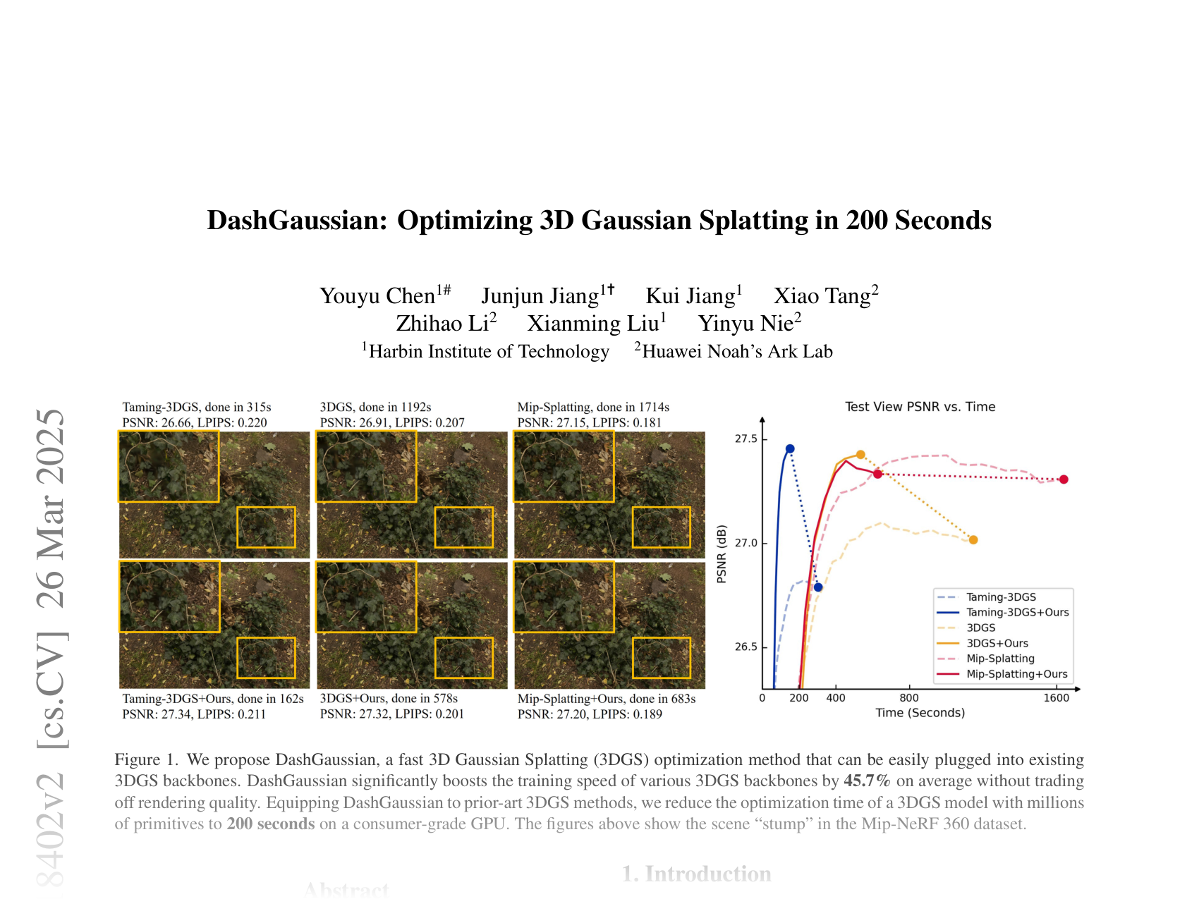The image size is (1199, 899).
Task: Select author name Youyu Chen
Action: (x=377, y=295)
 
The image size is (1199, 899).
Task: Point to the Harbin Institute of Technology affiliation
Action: (x=489, y=351)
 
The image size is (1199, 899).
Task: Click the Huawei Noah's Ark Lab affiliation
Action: (x=737, y=351)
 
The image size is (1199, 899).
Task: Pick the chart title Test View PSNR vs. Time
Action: (x=920, y=407)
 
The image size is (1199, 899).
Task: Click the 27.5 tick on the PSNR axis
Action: (x=745, y=439)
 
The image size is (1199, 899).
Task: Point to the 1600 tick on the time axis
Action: (x=1056, y=698)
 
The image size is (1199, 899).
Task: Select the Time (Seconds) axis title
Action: (x=920, y=713)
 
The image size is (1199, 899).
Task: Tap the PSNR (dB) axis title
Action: (x=722, y=554)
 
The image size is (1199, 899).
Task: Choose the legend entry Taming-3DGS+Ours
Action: (x=1017, y=612)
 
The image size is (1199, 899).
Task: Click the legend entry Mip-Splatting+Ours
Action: (x=1016, y=674)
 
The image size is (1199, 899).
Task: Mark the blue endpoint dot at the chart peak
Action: (x=790, y=448)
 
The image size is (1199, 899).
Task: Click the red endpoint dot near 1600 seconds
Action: (x=1064, y=479)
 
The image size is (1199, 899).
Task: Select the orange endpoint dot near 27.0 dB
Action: (x=973, y=540)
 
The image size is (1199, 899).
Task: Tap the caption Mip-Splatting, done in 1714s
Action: (x=593, y=407)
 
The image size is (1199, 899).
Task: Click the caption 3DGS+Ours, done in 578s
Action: (x=389, y=698)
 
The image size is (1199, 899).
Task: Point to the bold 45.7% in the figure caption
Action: (x=868, y=781)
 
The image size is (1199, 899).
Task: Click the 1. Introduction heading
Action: (x=696, y=874)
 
